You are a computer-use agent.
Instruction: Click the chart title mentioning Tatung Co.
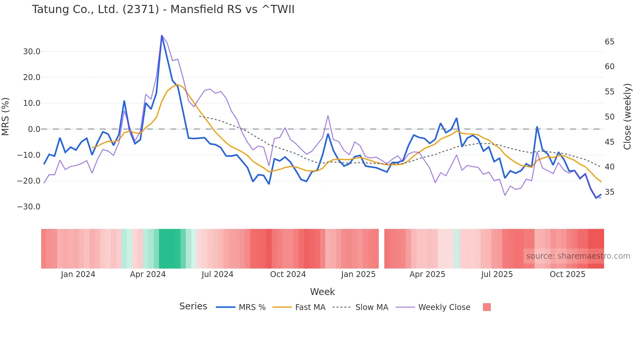click(x=163, y=9)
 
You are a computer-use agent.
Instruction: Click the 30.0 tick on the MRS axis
click(x=31, y=52)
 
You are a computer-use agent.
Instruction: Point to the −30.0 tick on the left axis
click(x=29, y=207)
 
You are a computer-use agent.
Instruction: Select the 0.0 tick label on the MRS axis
click(x=34, y=129)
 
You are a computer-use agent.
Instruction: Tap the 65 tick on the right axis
click(x=609, y=42)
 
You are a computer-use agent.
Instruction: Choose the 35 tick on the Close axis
click(x=609, y=192)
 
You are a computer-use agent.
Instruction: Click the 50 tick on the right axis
click(x=609, y=117)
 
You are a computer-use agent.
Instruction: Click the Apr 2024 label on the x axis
click(x=148, y=274)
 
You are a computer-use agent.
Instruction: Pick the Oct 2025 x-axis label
click(x=567, y=274)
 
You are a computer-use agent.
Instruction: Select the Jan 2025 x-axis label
click(x=358, y=274)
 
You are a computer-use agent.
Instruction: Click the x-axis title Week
click(x=322, y=292)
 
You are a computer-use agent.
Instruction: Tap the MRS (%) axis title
click(x=6, y=117)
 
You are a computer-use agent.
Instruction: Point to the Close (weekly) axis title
click(x=627, y=117)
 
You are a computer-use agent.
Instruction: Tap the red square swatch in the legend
click(x=487, y=307)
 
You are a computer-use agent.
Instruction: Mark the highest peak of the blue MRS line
click(x=162, y=36)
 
